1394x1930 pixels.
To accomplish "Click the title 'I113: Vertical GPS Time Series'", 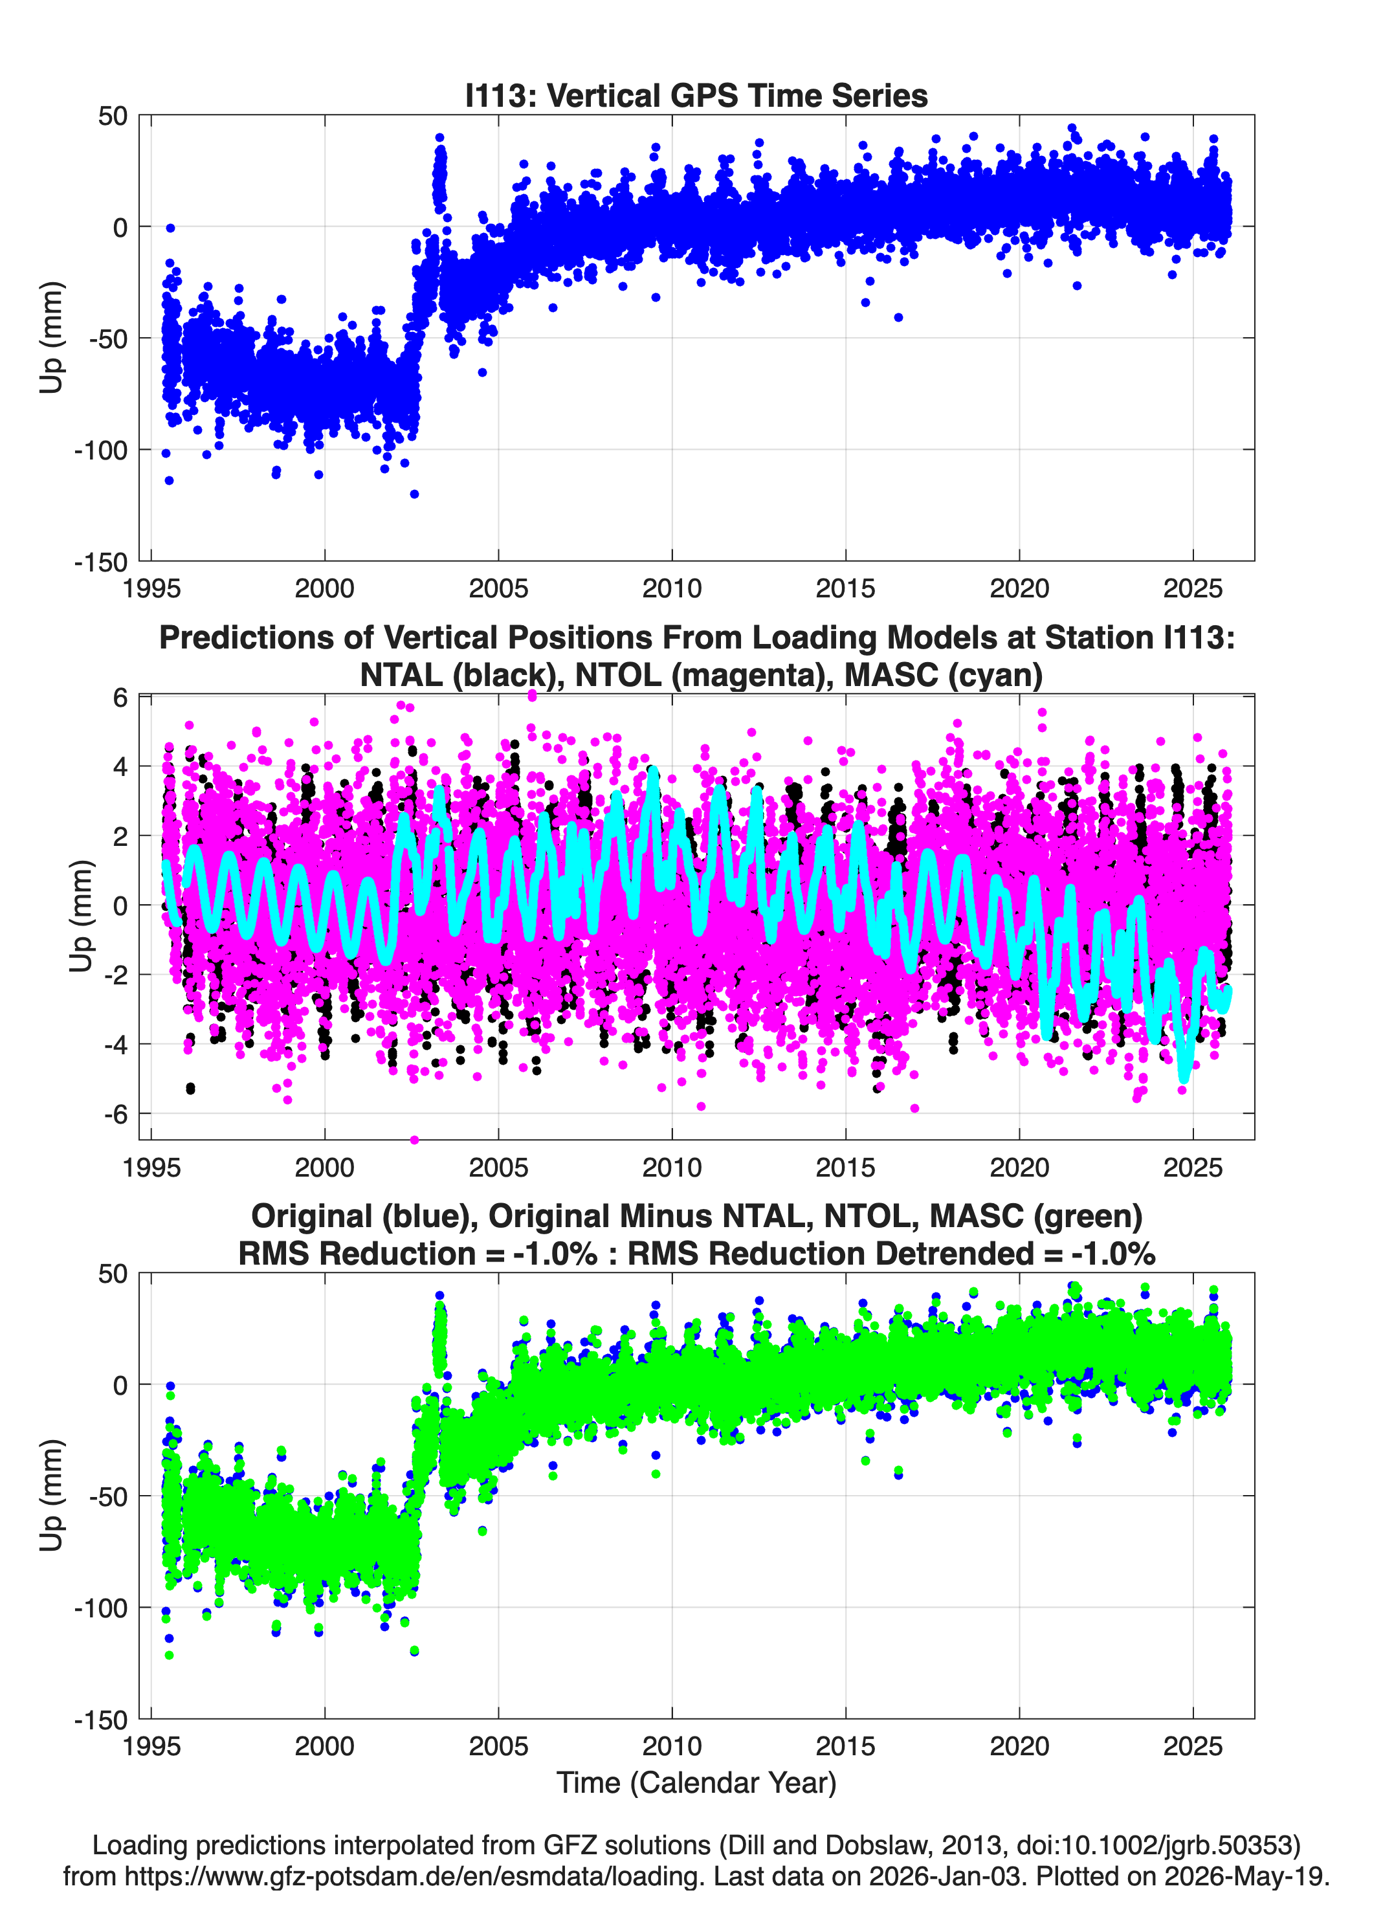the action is click(x=696, y=95).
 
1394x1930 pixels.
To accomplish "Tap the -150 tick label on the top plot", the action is click(x=100, y=562).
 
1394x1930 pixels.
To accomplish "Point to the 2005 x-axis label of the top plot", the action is click(x=499, y=588).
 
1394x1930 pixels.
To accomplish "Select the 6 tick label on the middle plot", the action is click(x=120, y=697).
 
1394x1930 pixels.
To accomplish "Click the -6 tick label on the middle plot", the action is click(x=115, y=1114).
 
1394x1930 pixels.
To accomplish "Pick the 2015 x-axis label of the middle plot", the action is click(x=846, y=1167).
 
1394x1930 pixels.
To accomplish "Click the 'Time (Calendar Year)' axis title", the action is click(x=696, y=1782).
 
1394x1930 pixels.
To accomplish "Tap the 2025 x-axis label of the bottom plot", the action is click(x=1193, y=1746).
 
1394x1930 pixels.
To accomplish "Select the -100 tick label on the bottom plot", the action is click(x=100, y=1608).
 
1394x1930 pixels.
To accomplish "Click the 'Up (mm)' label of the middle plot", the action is click(x=81, y=916).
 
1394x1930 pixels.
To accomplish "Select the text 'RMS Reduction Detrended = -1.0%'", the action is click(x=891, y=1254).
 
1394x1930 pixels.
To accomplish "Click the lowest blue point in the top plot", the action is click(x=414, y=494).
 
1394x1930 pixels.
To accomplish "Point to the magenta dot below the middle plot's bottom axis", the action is click(x=414, y=1140).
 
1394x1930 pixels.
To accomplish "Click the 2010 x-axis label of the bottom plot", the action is click(x=672, y=1746).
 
